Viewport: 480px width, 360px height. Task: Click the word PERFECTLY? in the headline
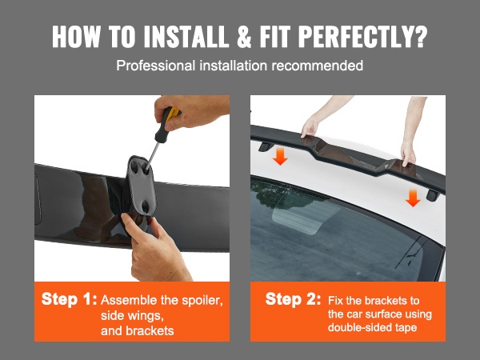click(362, 37)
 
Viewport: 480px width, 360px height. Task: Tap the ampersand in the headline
click(244, 37)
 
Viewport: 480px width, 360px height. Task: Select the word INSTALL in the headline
click(186, 37)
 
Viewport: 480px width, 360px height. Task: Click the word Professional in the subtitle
click(155, 66)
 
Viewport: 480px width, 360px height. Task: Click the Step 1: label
click(69, 298)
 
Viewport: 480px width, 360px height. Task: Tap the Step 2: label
click(294, 298)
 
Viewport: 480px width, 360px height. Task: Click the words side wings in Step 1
click(132, 316)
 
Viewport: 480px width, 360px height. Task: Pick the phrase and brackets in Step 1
click(137, 331)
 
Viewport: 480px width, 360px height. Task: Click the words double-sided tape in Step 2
click(372, 327)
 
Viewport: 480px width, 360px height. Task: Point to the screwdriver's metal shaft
click(153, 154)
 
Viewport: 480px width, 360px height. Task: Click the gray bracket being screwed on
click(141, 186)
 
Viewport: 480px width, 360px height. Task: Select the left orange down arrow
click(280, 156)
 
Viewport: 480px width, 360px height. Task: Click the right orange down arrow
click(413, 198)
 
